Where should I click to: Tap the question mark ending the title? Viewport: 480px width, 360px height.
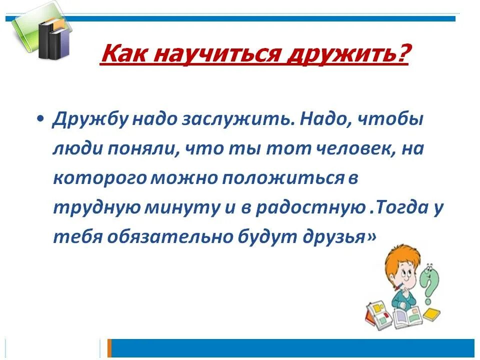[x=401, y=54]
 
